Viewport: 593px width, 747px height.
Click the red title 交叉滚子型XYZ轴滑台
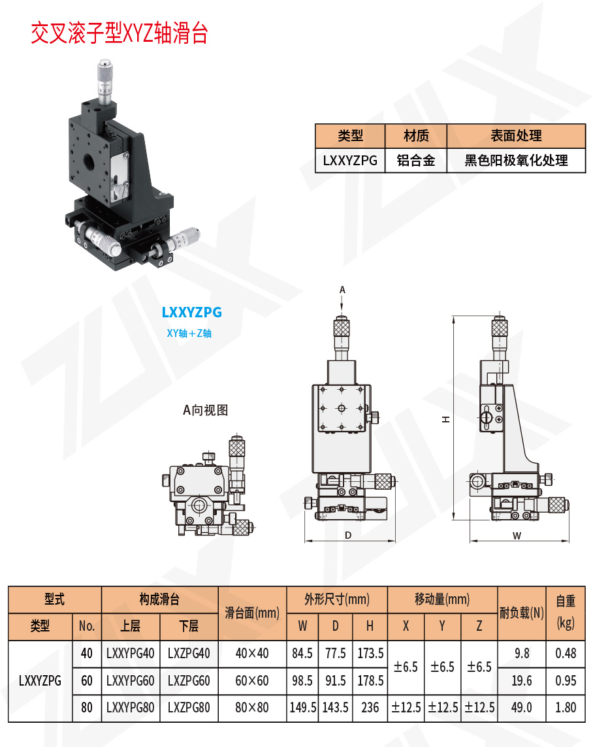[x=120, y=33]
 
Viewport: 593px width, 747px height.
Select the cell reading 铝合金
[x=415, y=160]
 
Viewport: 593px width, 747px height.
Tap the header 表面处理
[x=516, y=136]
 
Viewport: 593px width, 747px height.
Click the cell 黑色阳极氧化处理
[x=516, y=160]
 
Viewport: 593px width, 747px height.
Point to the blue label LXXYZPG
[x=191, y=312]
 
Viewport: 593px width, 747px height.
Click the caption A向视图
[x=205, y=410]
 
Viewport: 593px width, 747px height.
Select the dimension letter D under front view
[x=348, y=535]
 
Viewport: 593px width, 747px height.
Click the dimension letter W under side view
[x=517, y=535]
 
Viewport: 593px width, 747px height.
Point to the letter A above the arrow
[x=342, y=289]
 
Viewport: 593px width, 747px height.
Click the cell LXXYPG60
[x=131, y=681]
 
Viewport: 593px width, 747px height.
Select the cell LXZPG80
[x=189, y=708]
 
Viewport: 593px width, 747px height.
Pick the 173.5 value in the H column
[x=370, y=653]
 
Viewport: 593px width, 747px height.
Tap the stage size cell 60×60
[x=252, y=681]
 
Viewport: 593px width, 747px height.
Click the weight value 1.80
[x=565, y=708]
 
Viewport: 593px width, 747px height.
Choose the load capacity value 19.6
[x=521, y=681]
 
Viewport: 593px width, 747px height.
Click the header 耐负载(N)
[x=521, y=612]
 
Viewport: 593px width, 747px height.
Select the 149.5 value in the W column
[x=302, y=708]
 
